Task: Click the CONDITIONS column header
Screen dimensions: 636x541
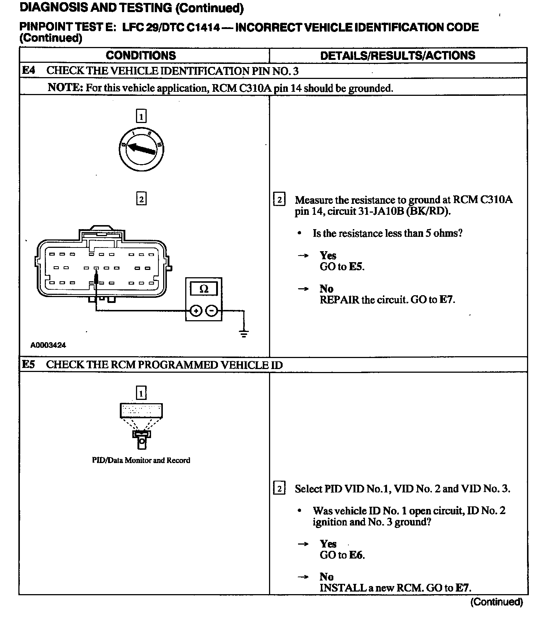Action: [x=141, y=55]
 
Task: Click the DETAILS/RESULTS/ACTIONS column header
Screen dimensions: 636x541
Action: [x=398, y=55]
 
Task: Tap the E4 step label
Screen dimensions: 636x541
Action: [x=29, y=70]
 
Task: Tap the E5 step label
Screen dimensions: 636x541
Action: [x=29, y=364]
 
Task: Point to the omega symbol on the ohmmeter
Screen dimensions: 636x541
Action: [x=204, y=289]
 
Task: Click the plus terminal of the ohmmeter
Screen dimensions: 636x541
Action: [x=196, y=311]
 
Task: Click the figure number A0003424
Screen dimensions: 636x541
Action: [x=48, y=345]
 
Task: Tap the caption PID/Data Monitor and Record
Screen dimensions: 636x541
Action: [x=141, y=460]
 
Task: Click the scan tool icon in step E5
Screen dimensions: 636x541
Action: [x=141, y=424]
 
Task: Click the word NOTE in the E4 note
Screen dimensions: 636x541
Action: [x=65, y=88]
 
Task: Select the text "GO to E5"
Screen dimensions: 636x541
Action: [x=342, y=267]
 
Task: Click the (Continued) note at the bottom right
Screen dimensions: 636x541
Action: [x=497, y=602]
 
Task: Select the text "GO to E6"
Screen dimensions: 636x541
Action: [x=342, y=555]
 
